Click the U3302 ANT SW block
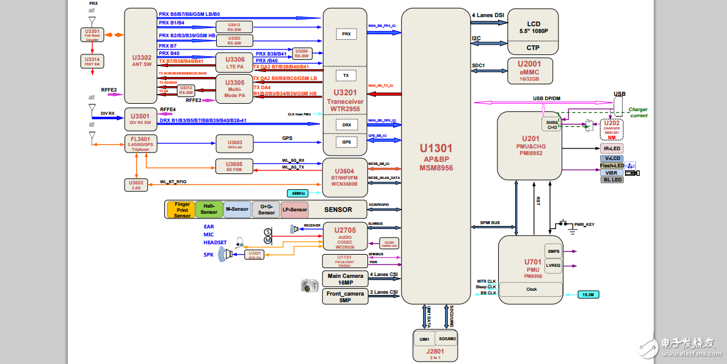click(141, 56)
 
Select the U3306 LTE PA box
click(235, 63)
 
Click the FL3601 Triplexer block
click(140, 144)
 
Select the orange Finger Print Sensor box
click(182, 209)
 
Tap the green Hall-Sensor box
click(209, 209)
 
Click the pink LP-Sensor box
click(294, 209)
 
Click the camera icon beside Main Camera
click(310, 285)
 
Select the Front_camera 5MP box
click(345, 297)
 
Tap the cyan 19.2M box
click(588, 295)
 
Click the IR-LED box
click(612, 148)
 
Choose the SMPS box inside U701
click(554, 251)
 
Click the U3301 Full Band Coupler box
click(92, 34)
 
